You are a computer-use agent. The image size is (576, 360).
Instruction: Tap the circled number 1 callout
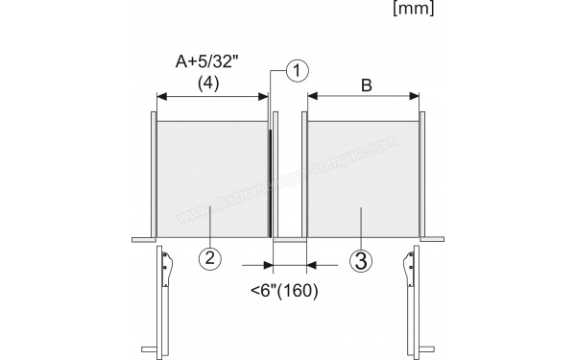click(x=298, y=69)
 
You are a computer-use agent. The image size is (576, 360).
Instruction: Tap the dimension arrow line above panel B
click(x=364, y=96)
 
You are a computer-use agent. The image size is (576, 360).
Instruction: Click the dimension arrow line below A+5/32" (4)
click(x=212, y=96)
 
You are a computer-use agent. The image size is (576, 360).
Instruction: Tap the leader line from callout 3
click(x=360, y=230)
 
